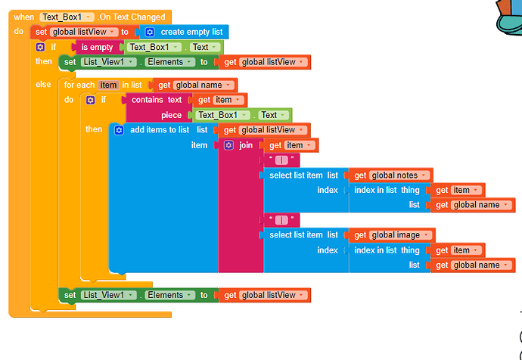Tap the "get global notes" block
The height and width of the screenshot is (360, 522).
click(390, 175)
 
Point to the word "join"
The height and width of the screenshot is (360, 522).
click(246, 145)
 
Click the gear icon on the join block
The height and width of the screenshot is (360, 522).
click(228, 145)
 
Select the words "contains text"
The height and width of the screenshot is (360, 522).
click(157, 100)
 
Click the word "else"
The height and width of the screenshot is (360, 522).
click(44, 85)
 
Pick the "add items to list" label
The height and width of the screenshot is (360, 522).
click(160, 130)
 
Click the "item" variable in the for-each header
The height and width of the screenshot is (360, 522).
click(108, 85)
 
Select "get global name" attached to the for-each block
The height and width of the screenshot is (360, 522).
click(196, 85)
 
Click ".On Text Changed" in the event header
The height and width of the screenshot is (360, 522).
click(132, 17)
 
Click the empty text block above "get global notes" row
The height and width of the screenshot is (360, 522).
click(281, 160)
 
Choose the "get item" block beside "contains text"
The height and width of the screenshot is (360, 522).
click(220, 100)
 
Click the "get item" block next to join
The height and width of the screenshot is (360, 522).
click(290, 145)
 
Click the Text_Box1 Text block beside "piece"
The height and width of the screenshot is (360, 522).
click(239, 115)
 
